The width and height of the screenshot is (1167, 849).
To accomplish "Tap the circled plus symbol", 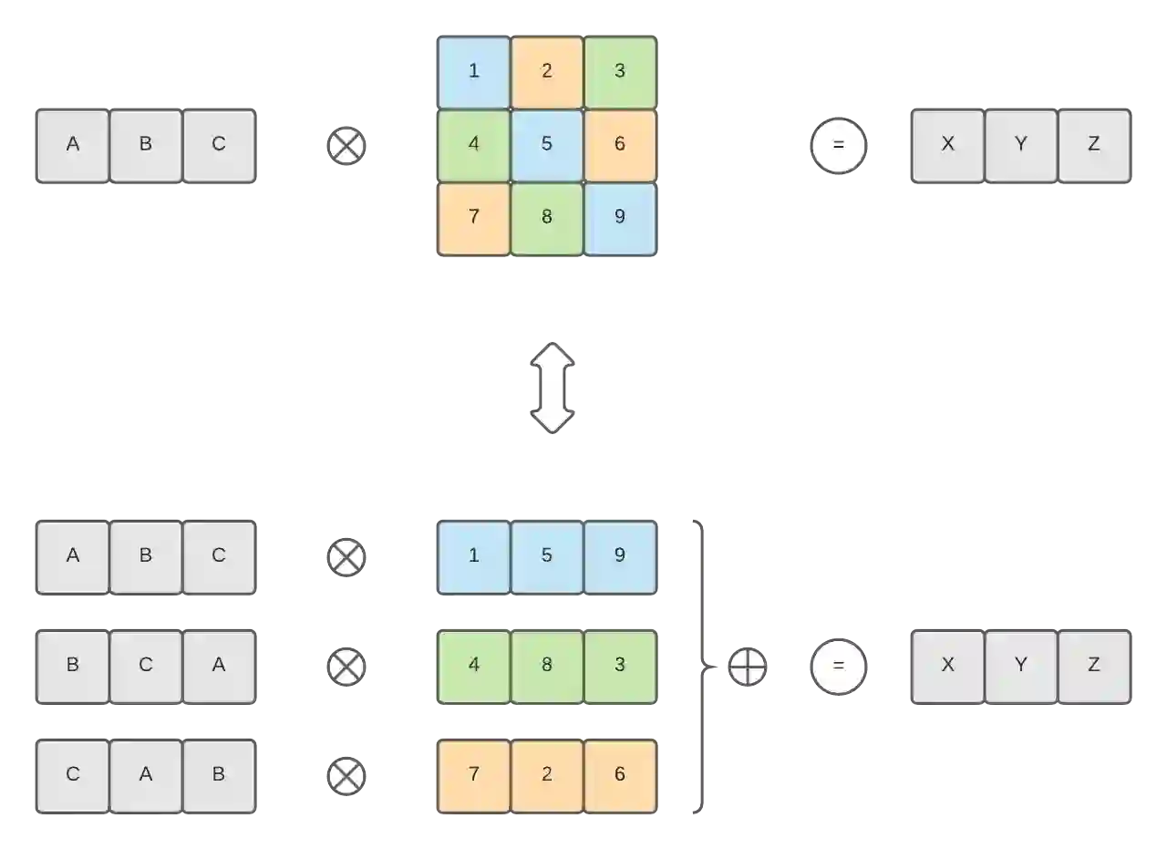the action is tap(747, 667).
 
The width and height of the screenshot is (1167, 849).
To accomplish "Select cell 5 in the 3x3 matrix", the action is tap(546, 144).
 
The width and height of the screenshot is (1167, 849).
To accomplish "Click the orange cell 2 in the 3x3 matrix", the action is tap(546, 71).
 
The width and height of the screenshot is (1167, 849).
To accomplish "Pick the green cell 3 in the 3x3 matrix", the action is tap(619, 71).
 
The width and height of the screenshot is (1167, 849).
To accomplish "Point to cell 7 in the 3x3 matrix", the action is tap(473, 217).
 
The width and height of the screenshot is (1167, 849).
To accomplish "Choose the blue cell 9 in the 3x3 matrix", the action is tap(619, 217).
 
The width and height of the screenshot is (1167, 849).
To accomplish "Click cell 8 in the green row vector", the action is tap(546, 665).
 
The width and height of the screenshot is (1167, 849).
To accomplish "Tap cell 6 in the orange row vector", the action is tap(619, 774).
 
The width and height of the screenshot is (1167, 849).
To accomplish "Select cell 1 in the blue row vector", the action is tap(473, 555).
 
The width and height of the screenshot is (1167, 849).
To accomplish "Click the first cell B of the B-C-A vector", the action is tap(73, 665).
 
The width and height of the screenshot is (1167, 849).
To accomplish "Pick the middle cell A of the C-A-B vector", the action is tap(146, 774).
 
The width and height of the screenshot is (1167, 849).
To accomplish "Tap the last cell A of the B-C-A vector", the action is tap(219, 665).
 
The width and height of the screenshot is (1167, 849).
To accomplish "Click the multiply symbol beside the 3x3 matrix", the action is tap(346, 146).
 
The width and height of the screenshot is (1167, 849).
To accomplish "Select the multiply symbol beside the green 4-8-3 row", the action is tap(346, 667).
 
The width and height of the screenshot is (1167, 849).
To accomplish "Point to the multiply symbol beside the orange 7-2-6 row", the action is tap(346, 776).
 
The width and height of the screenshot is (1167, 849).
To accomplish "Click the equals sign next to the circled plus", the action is tap(838, 667).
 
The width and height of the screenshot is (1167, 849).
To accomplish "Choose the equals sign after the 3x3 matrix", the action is tap(838, 146).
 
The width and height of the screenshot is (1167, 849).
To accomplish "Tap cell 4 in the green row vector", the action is tap(473, 665).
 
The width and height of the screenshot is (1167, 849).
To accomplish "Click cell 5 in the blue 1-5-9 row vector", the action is tap(546, 555).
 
